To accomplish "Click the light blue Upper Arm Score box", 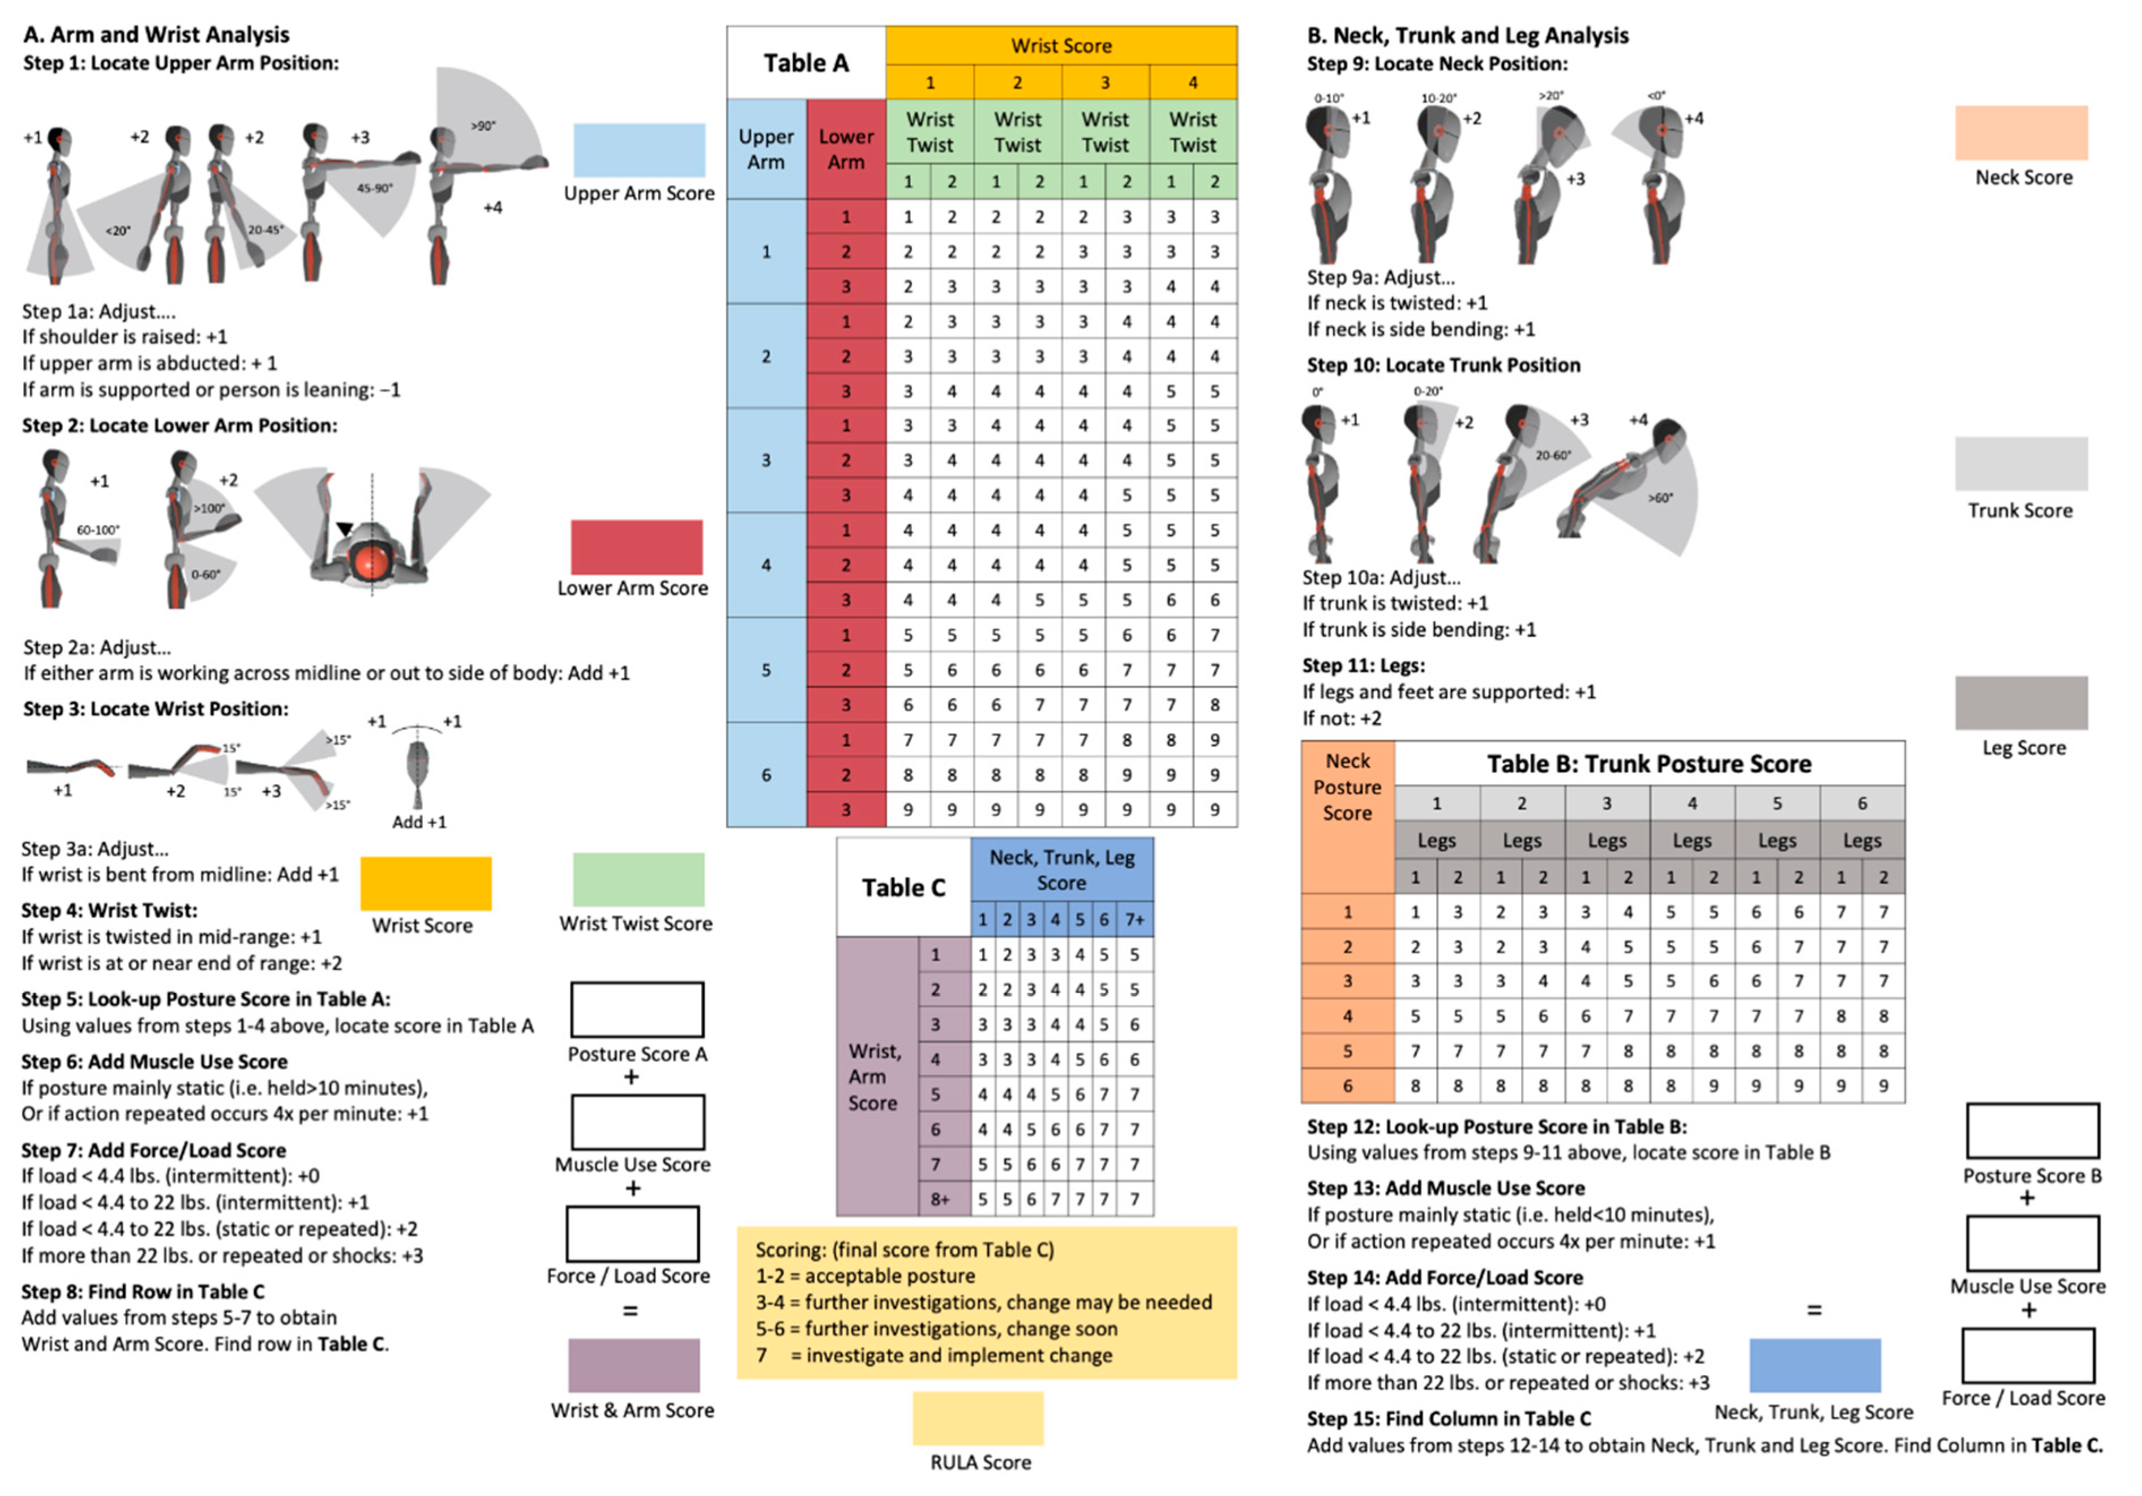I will pyautogui.click(x=639, y=149).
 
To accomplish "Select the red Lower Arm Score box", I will pyautogui.click(x=636, y=547).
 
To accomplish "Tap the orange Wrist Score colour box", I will pyautogui.click(x=426, y=883).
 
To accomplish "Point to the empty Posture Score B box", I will pyautogui.click(x=2032, y=1130).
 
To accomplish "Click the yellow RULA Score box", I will pyautogui.click(x=978, y=1418).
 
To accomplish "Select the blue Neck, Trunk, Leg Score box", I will pyautogui.click(x=1815, y=1365).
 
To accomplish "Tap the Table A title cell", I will pyautogui.click(x=806, y=62).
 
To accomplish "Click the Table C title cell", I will pyautogui.click(x=903, y=887).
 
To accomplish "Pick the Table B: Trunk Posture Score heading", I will pyautogui.click(x=1648, y=763).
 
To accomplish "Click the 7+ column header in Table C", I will pyautogui.click(x=1134, y=919).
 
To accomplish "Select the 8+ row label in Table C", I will pyautogui.click(x=940, y=1198).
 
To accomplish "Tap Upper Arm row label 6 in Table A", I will pyautogui.click(x=766, y=775).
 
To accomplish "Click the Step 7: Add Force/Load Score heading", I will pyautogui.click(x=154, y=1150).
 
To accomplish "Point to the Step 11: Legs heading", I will pyautogui.click(x=1363, y=665).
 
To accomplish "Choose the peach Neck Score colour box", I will pyautogui.click(x=2021, y=132).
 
